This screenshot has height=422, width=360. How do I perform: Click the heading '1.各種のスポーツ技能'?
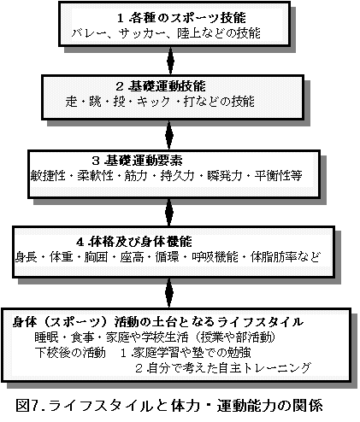pyautogui.click(x=181, y=18)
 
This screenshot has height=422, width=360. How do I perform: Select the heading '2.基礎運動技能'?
pyautogui.click(x=161, y=86)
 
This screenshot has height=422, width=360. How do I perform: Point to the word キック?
pyautogui.click(x=154, y=102)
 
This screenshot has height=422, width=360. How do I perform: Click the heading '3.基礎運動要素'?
pyautogui.click(x=137, y=161)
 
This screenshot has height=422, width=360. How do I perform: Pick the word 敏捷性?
pyautogui.click(x=48, y=176)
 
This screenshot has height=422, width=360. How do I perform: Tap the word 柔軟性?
pyautogui.click(x=95, y=176)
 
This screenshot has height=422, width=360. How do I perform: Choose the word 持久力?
pyautogui.click(x=177, y=176)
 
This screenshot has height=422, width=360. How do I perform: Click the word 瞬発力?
pyautogui.click(x=225, y=176)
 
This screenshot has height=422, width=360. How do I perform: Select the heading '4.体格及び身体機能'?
pyautogui.click(x=134, y=242)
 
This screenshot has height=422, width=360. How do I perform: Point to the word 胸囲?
pyautogui.click(x=96, y=257)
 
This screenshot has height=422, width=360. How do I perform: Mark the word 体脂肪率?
pyautogui.click(x=274, y=257)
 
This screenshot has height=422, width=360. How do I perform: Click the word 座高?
pyautogui.click(x=132, y=257)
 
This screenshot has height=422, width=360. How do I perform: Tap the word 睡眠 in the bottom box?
pyautogui.click(x=46, y=337)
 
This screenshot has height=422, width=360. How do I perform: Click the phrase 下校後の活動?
pyautogui.click(x=70, y=353)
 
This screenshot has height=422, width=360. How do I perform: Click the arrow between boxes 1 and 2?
pyautogui.click(x=170, y=61)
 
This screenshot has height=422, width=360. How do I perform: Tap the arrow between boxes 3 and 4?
pyautogui.click(x=169, y=212)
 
